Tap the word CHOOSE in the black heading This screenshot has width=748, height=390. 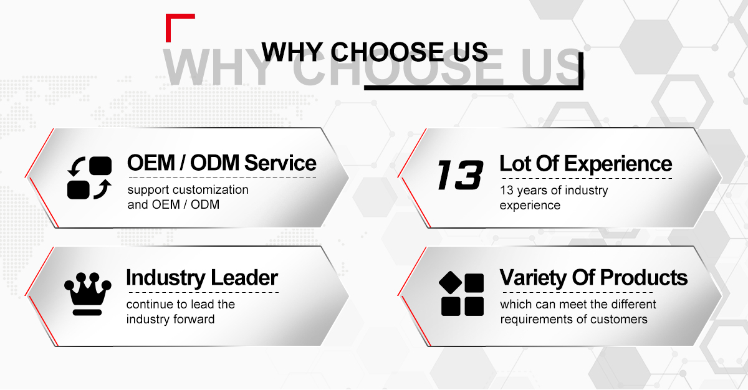(x=387, y=52)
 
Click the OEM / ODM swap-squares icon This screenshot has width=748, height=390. (x=90, y=178)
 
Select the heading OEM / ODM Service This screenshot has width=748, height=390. (x=222, y=163)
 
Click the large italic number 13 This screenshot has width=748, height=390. (x=460, y=175)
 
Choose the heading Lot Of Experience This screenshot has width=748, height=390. (x=586, y=164)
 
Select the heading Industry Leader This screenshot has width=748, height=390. (x=202, y=278)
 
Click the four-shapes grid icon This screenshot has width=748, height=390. (x=462, y=293)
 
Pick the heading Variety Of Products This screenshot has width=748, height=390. (x=593, y=278)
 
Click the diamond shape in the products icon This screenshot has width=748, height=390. (x=450, y=283)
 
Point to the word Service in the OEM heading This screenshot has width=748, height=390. (x=280, y=163)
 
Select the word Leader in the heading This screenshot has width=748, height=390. (x=244, y=278)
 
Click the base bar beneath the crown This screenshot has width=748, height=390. (x=87, y=313)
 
